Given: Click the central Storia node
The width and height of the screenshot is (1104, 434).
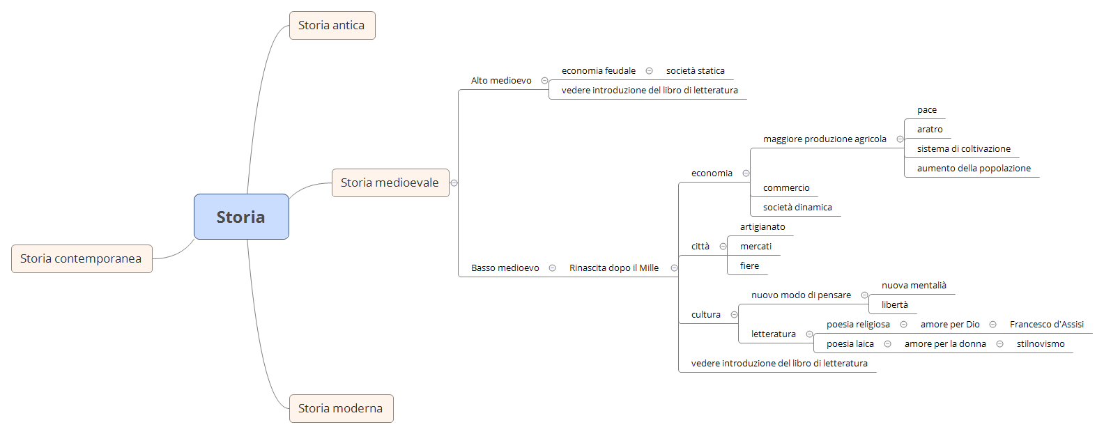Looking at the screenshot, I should tap(241, 217).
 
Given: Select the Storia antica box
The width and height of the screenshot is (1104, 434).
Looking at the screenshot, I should tap(332, 25).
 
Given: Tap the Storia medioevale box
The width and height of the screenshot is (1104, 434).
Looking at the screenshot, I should tap(390, 183).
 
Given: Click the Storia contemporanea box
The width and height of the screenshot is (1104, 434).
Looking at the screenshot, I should tap(81, 258).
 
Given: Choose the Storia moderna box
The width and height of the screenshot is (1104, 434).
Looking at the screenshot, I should tap(341, 408).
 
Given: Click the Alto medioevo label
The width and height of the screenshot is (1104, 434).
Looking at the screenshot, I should tap(501, 80).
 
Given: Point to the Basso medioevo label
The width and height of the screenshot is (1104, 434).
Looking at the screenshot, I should tap(505, 268).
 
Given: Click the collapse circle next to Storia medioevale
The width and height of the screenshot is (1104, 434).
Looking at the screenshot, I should tap(454, 183).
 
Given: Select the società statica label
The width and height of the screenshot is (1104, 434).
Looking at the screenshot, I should tap(695, 70).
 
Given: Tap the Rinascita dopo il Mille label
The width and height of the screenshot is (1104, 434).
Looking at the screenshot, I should tap(613, 268).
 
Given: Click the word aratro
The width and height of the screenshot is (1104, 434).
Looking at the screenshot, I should tap(930, 129).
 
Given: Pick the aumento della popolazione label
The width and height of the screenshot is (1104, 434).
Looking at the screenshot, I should tap(974, 168).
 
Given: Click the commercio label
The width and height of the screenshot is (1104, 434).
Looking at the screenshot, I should tap(786, 187).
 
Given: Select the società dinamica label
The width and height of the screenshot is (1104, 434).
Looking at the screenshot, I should tap(797, 207).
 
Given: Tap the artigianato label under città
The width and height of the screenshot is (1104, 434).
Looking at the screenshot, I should tap(762, 226).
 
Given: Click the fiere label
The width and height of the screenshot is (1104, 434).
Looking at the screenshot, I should tap(749, 265).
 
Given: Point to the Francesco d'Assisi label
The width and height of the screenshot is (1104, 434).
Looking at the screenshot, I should tap(1046, 324).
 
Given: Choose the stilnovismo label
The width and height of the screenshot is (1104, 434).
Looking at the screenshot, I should tap(1040, 343).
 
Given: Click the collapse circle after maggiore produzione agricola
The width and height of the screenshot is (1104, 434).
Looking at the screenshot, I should tap(900, 139).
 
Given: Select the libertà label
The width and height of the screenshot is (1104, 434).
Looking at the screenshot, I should tap(894, 304).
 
